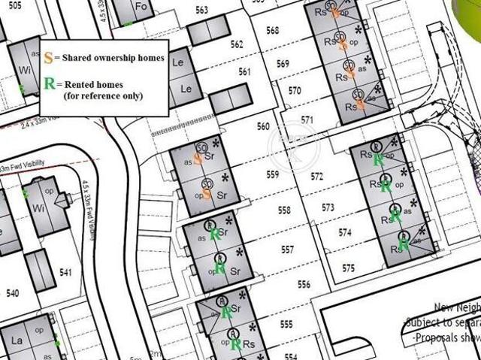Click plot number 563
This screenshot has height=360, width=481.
pos(201,10)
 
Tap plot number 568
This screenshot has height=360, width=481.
pos(272,31)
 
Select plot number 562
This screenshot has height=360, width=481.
pos(237,45)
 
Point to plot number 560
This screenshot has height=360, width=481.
pos(262,126)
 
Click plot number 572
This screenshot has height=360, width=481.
pos(316,177)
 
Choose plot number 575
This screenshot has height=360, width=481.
pos(348,268)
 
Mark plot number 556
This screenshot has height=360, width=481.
pos(304,284)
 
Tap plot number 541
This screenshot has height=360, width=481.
pos(65,271)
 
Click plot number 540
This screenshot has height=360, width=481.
pos(12,292)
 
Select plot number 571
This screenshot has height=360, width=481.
pos(307,120)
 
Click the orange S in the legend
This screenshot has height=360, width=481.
pos(48,58)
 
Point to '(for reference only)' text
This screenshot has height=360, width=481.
pos(103,97)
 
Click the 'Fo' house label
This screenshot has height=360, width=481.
pos(141,7)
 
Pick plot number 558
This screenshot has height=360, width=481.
pos(283,210)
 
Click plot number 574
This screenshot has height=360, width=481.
pos(344,233)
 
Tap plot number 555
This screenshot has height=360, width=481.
pos(286,324)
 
